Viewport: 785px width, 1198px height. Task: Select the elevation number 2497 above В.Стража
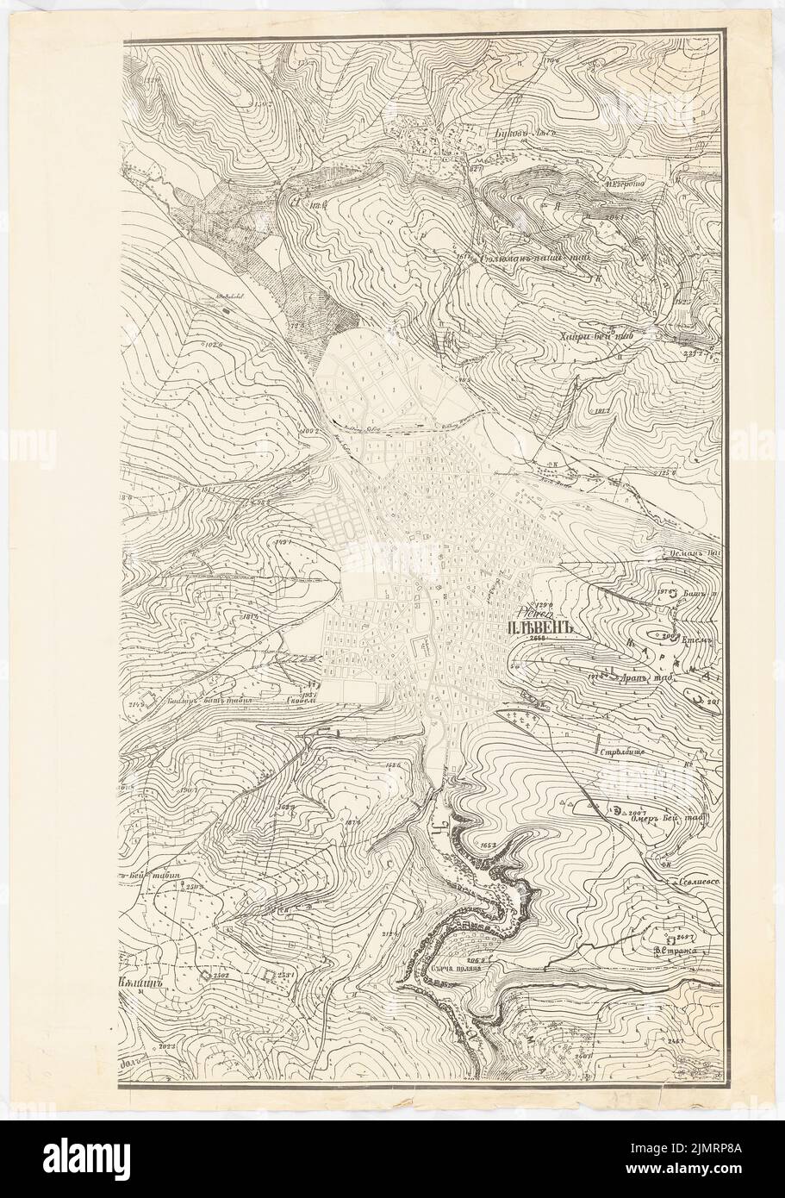tap(687, 936)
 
